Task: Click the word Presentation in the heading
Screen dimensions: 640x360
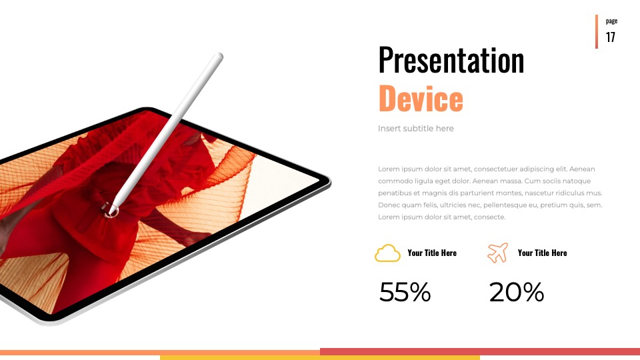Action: pyautogui.click(x=451, y=60)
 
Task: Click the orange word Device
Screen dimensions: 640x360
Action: pyautogui.click(x=421, y=99)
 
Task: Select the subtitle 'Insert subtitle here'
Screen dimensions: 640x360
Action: pyautogui.click(x=415, y=129)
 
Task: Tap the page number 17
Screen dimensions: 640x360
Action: pyautogui.click(x=611, y=37)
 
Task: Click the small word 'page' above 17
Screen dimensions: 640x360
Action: pyautogui.click(x=611, y=21)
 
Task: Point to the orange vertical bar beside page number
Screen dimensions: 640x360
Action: pyautogui.click(x=596, y=31)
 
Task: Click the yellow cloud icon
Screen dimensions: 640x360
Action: pyautogui.click(x=387, y=253)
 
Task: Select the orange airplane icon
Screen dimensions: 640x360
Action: pyautogui.click(x=497, y=253)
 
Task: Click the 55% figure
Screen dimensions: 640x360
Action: pyautogui.click(x=405, y=292)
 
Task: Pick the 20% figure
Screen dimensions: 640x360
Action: pyautogui.click(x=516, y=292)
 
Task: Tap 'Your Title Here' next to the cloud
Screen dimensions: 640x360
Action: pyautogui.click(x=432, y=253)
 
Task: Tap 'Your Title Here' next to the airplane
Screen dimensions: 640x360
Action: pyautogui.click(x=542, y=253)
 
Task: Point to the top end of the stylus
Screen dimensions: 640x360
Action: pyautogui.click(x=219, y=55)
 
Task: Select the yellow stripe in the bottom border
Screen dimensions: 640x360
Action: pyautogui.click(x=320, y=358)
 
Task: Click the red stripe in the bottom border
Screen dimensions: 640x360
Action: pyautogui.click(x=480, y=351)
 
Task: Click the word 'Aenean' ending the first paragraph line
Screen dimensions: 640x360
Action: pyautogui.click(x=582, y=169)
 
